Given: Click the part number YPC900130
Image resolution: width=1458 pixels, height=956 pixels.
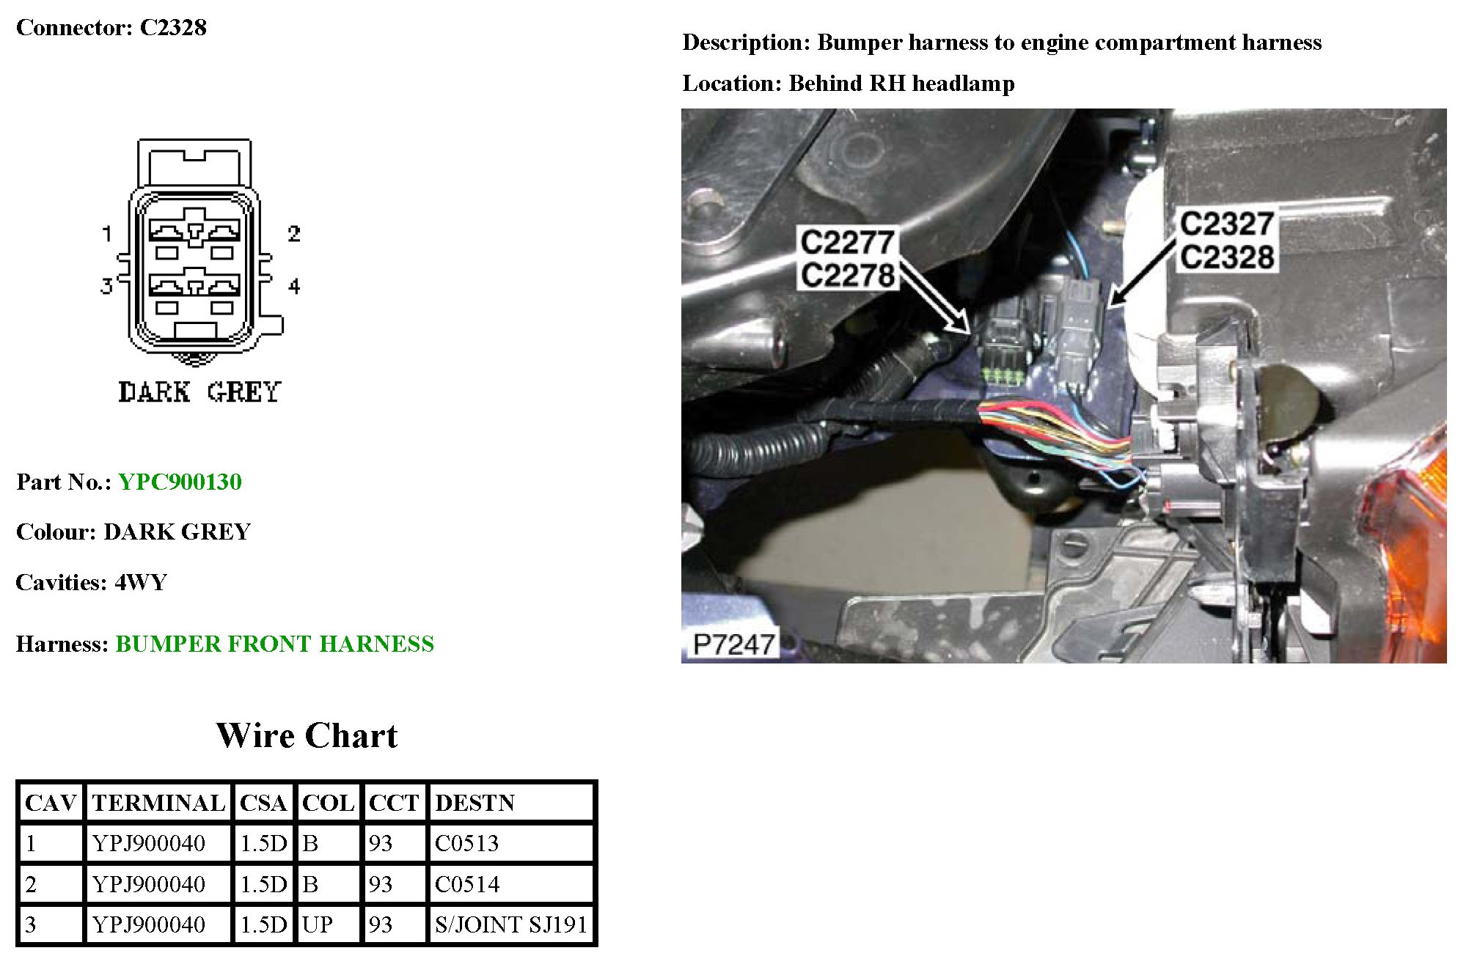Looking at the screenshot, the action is pyautogui.click(x=180, y=482).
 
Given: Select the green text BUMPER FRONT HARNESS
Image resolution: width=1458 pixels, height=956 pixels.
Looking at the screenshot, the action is pyautogui.click(x=274, y=644).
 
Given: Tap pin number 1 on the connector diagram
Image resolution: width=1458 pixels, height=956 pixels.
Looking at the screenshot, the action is pyautogui.click(x=107, y=234).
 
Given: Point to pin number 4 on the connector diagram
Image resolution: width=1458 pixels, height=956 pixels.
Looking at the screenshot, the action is pyautogui.click(x=294, y=286).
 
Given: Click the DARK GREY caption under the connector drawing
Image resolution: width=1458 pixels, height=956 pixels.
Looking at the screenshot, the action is pyautogui.click(x=199, y=392).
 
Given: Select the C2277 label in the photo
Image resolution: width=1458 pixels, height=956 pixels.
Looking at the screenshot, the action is pyautogui.click(x=847, y=242).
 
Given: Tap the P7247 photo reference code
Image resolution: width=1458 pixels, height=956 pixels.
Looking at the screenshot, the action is pyautogui.click(x=733, y=644).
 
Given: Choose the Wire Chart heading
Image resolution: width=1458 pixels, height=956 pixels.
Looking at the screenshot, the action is pyautogui.click(x=307, y=735).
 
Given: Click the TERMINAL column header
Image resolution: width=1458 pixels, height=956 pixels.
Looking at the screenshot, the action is pyautogui.click(x=158, y=803).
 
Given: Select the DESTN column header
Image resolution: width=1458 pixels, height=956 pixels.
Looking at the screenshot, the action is pyautogui.click(x=475, y=803).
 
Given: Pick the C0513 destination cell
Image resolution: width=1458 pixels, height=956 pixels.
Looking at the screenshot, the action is pyautogui.click(x=466, y=843).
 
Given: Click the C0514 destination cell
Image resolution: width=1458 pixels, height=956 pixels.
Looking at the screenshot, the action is pyautogui.click(x=466, y=884).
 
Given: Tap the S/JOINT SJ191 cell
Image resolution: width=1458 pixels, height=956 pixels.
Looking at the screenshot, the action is pyautogui.click(x=510, y=924).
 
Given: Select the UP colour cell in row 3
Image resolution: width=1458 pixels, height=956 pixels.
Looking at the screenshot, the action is pyautogui.click(x=318, y=924).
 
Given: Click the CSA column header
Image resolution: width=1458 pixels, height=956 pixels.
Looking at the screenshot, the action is pyautogui.click(x=263, y=803).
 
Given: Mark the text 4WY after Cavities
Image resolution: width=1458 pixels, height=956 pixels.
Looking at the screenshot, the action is pyautogui.click(x=141, y=583).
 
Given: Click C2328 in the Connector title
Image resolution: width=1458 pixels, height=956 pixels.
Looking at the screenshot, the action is pyautogui.click(x=173, y=28).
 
